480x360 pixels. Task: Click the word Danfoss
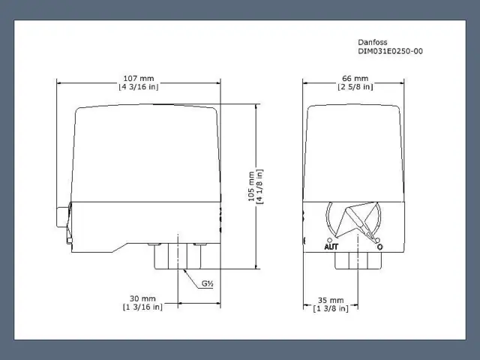[373, 42]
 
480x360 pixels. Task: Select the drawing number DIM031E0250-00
[390, 51]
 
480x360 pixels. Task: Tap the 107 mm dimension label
[139, 79]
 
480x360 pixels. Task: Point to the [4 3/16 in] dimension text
[139, 87]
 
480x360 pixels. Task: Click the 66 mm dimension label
[355, 79]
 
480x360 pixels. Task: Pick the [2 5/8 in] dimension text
[355, 87]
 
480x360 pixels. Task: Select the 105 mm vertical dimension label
[251, 187]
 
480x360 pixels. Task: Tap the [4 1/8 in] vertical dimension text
[259, 187]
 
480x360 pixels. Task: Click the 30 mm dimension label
[142, 298]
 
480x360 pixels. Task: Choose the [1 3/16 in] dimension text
[142, 307]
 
